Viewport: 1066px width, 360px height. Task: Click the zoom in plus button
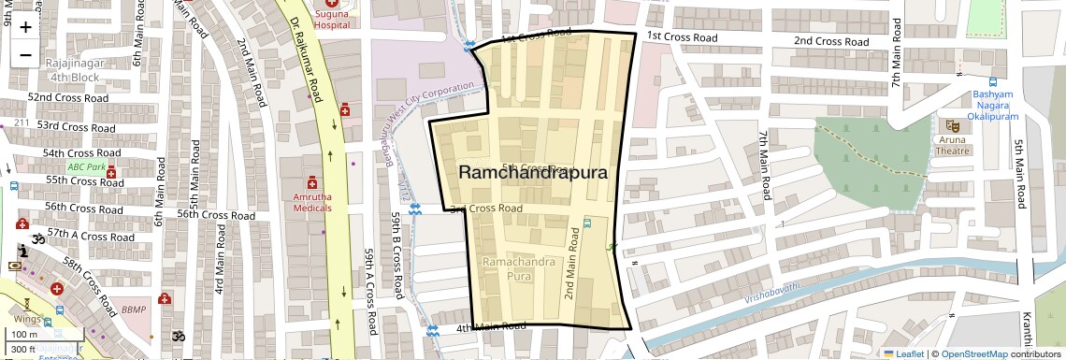pos(25,26)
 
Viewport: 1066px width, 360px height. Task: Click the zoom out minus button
pos(25,54)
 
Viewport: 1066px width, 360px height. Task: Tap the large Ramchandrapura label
pos(533,173)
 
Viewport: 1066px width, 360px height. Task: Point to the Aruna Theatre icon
pos(953,125)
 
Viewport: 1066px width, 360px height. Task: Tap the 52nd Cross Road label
pos(65,97)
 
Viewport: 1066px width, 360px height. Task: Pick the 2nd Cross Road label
pos(830,41)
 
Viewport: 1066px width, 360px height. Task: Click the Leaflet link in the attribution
pos(902,353)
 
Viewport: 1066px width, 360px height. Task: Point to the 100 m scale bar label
pos(25,334)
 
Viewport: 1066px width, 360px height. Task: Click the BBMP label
pos(134,309)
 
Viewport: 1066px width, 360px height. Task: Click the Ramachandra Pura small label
pos(518,269)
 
